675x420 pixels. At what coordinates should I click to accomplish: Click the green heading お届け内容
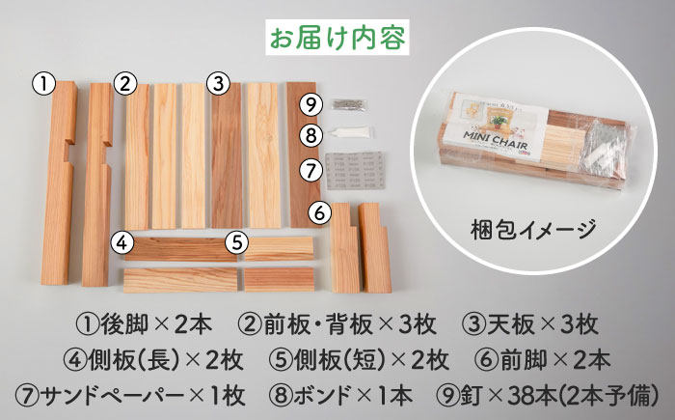coord(337,38)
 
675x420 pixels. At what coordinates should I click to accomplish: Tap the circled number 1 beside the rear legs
coord(44,84)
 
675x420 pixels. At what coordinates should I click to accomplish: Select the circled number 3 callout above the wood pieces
coord(218,84)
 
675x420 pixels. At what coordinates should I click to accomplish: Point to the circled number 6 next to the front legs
coord(320,212)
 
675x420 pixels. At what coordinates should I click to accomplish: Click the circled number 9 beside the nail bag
coord(311,104)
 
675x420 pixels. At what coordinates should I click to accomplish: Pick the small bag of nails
coord(349,104)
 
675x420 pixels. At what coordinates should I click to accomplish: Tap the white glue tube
coord(349,132)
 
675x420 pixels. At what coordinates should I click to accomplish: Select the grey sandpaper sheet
coord(355,170)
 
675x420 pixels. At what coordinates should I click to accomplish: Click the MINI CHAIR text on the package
coord(495,140)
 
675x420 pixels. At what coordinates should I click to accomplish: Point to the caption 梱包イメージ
coord(533,230)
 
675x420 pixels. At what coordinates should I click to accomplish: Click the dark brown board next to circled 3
coord(227,155)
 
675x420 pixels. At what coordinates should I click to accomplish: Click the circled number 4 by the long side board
coord(122,242)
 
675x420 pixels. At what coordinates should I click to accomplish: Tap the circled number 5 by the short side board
coord(237,242)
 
